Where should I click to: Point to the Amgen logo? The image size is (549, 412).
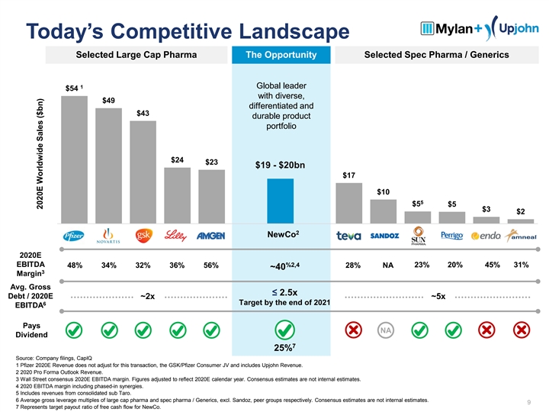click(x=210, y=236)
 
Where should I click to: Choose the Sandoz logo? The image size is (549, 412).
click(x=385, y=236)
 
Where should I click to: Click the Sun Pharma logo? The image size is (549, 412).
click(x=419, y=236)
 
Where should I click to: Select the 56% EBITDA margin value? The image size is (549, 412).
click(x=210, y=266)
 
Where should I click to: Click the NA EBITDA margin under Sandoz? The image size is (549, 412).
click(x=387, y=266)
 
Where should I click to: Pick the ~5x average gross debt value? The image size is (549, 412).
click(x=438, y=297)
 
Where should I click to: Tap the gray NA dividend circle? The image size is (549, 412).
click(x=387, y=330)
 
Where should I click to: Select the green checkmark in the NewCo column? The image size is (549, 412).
click(x=282, y=330)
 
